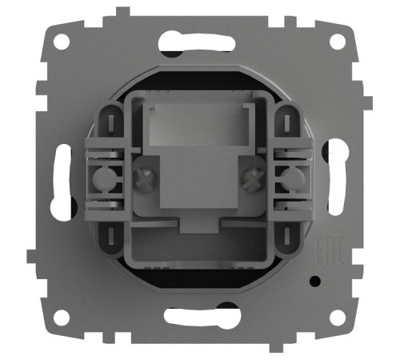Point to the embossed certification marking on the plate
[x=328, y=251]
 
